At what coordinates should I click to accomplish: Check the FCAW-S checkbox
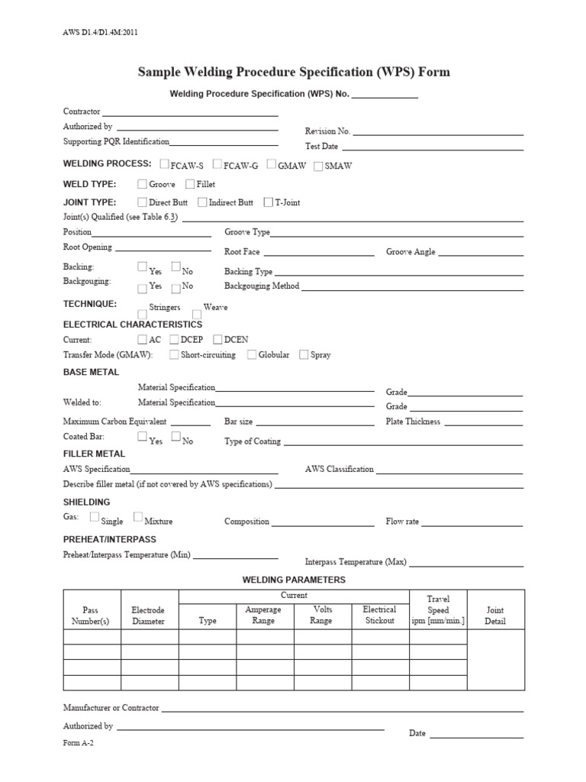(166, 164)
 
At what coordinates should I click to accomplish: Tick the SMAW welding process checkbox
(318, 166)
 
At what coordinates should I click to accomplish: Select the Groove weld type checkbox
(142, 184)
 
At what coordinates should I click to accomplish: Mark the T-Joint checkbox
(268, 202)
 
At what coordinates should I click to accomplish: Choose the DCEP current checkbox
(174, 339)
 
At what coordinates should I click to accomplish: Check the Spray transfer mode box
(304, 354)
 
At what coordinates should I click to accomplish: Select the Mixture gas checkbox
(137, 517)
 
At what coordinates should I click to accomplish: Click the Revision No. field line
(438, 134)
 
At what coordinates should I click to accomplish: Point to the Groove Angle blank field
(481, 254)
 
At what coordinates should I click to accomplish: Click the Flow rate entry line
(473, 525)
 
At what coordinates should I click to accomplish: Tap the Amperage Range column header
(263, 616)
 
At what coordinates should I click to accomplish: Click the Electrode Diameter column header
(148, 616)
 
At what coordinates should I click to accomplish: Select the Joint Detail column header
(494, 616)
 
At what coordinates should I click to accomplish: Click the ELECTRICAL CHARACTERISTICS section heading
(132, 325)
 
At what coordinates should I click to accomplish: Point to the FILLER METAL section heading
(94, 454)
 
